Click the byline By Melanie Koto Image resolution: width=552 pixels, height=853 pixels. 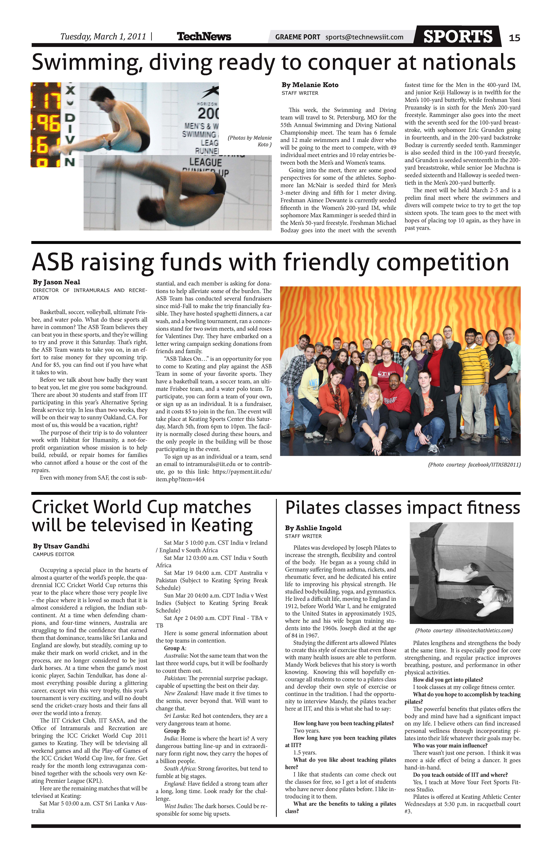click(310, 85)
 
